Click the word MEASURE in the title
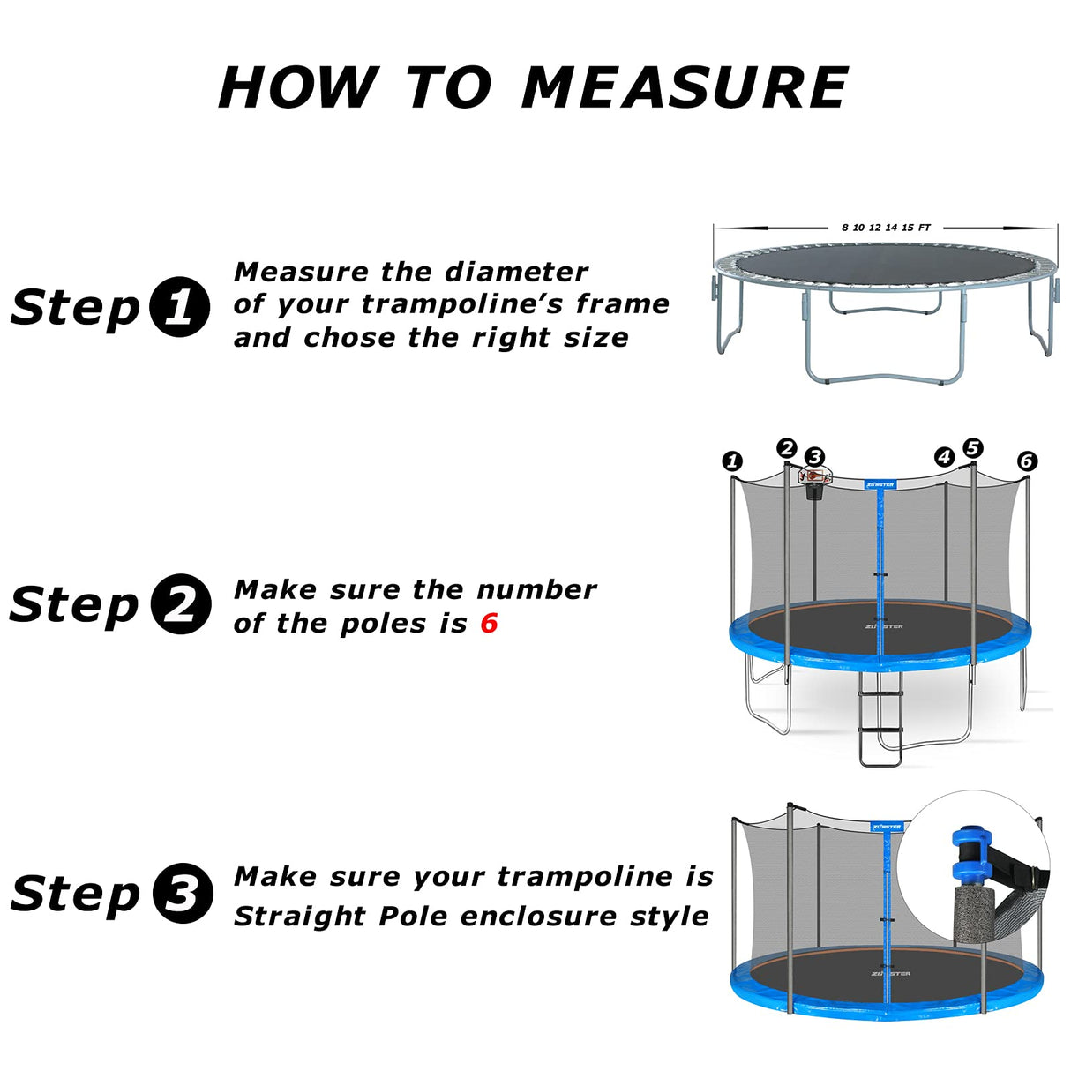pos(685,88)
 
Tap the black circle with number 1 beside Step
pos(179,308)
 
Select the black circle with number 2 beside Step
pos(181,604)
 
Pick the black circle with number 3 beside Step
pos(183,893)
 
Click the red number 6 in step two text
pos(489,624)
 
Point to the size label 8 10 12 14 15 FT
pos(886,228)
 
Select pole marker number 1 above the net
pos(732,461)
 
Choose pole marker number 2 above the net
pos(787,448)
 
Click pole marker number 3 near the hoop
pos(815,456)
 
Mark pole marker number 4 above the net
pos(944,456)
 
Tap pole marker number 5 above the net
pos(972,448)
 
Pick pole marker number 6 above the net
pos(1026,461)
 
